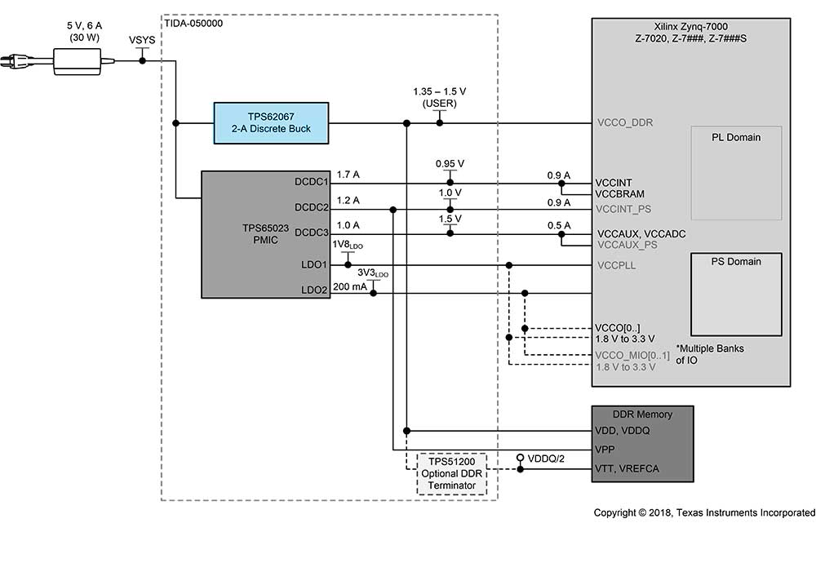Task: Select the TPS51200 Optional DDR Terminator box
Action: point(452,473)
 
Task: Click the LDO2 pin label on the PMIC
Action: point(314,289)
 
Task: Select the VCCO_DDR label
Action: point(626,123)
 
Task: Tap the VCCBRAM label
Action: point(620,194)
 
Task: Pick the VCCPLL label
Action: point(616,265)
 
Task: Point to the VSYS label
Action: point(142,40)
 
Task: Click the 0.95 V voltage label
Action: point(450,164)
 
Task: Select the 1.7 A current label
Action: point(348,175)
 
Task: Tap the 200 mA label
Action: point(350,286)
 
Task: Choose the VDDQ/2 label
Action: point(545,458)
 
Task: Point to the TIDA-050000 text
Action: point(194,23)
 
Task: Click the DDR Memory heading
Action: point(643,414)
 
